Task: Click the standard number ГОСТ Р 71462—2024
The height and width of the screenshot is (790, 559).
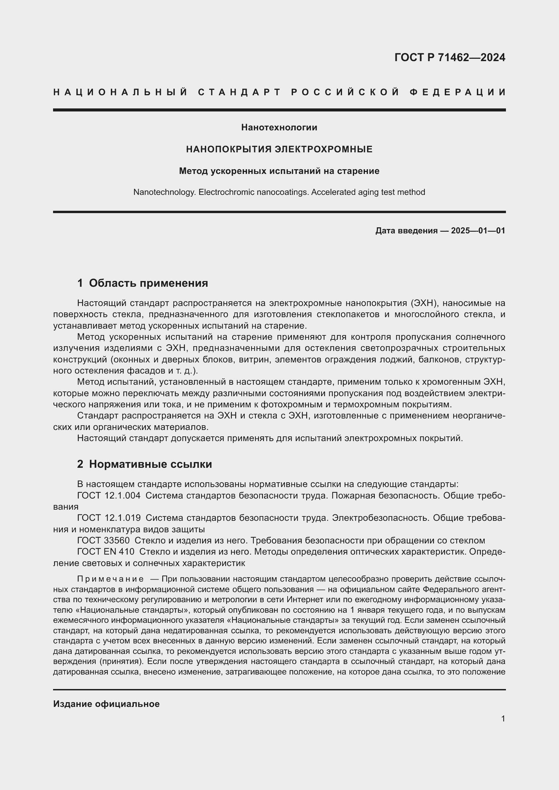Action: coord(449,57)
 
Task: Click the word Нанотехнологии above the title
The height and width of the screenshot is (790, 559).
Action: coord(279,128)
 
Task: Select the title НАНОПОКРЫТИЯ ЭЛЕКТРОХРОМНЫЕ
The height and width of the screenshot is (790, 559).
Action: coord(279,149)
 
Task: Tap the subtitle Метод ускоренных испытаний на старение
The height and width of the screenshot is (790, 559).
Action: coord(279,171)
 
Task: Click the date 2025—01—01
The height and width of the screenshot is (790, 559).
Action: coord(478,231)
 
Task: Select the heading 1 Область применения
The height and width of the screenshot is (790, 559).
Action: coord(143,283)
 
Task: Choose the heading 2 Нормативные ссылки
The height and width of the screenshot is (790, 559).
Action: coord(145,464)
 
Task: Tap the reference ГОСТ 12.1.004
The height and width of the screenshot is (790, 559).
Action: coord(109,496)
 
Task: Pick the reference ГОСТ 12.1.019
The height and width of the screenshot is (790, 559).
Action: coord(109,518)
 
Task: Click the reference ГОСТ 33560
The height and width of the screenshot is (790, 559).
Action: coord(103,540)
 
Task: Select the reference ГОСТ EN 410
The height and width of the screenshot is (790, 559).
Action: coord(106,552)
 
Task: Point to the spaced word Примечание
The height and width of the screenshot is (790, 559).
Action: coord(110,579)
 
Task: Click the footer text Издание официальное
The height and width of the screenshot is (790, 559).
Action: coord(106,704)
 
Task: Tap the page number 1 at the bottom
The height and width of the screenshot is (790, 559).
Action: coord(503,719)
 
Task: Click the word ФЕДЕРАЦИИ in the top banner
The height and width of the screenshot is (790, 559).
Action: coord(458,92)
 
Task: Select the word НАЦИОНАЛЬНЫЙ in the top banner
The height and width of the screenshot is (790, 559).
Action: coord(120,92)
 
